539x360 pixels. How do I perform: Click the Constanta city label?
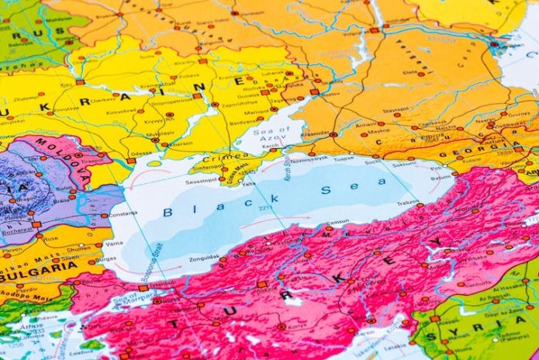point(123,213)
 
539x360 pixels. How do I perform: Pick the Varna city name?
point(112,243)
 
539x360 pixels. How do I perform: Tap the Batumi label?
point(443,178)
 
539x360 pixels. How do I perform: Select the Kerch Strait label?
point(285,168)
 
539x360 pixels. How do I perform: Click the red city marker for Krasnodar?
point(333,134)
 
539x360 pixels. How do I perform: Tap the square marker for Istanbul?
point(143,288)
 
